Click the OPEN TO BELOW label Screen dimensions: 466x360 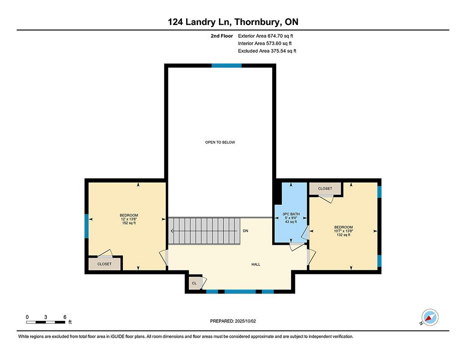[220, 142]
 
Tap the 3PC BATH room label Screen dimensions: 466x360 [291, 214]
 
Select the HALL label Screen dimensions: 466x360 [256, 264]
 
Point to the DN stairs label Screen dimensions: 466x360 [245, 231]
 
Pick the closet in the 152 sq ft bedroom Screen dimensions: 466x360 [105, 264]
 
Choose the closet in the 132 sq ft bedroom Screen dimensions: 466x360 [325, 188]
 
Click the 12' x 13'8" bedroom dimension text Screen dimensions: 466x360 [129, 219]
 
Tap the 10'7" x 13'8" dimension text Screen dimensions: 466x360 [343, 231]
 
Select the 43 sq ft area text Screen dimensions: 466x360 [291, 222]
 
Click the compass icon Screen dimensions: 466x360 [430, 318]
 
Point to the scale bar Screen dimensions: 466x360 [46, 322]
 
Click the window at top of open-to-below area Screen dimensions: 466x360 [227, 66]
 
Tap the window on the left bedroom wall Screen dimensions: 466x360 [86, 226]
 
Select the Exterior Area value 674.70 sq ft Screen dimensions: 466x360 [280, 36]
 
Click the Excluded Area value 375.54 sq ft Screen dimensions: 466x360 [284, 51]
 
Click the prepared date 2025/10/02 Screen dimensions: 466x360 [245, 321]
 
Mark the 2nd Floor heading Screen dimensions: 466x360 [222, 36]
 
